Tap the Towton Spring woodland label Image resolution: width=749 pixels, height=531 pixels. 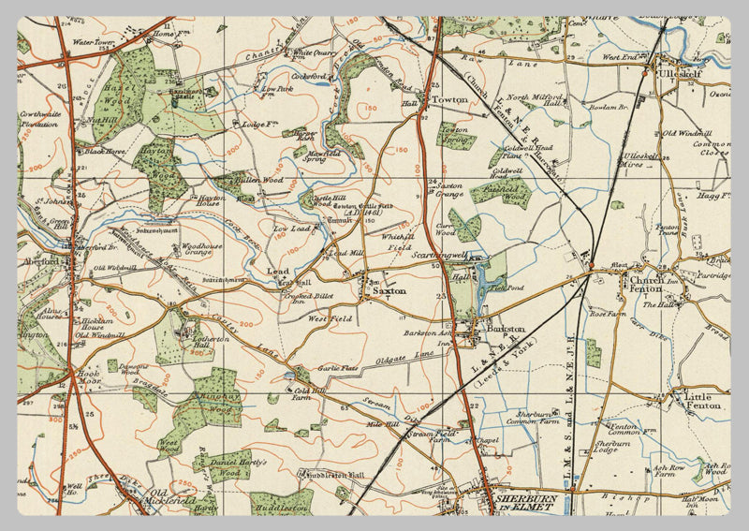click(x=456, y=133)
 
